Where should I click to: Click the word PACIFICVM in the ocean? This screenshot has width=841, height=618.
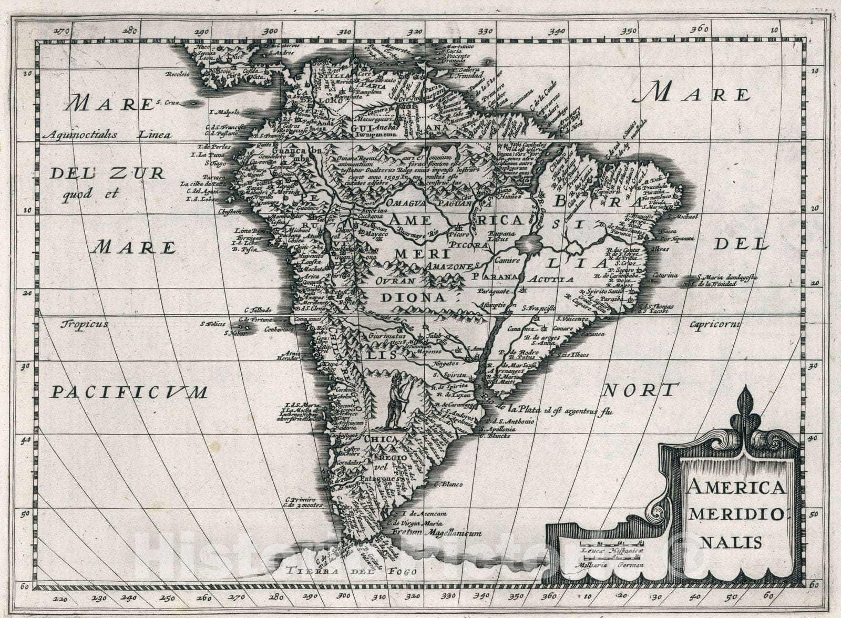pos(129,392)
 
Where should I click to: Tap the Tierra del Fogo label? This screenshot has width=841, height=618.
pos(352,571)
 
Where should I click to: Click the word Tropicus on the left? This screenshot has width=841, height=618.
pos(84,324)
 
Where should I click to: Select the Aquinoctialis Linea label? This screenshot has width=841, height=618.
pos(107,135)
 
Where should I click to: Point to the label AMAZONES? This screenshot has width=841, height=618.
pos(452,267)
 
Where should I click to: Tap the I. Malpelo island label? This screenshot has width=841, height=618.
pos(224,112)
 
